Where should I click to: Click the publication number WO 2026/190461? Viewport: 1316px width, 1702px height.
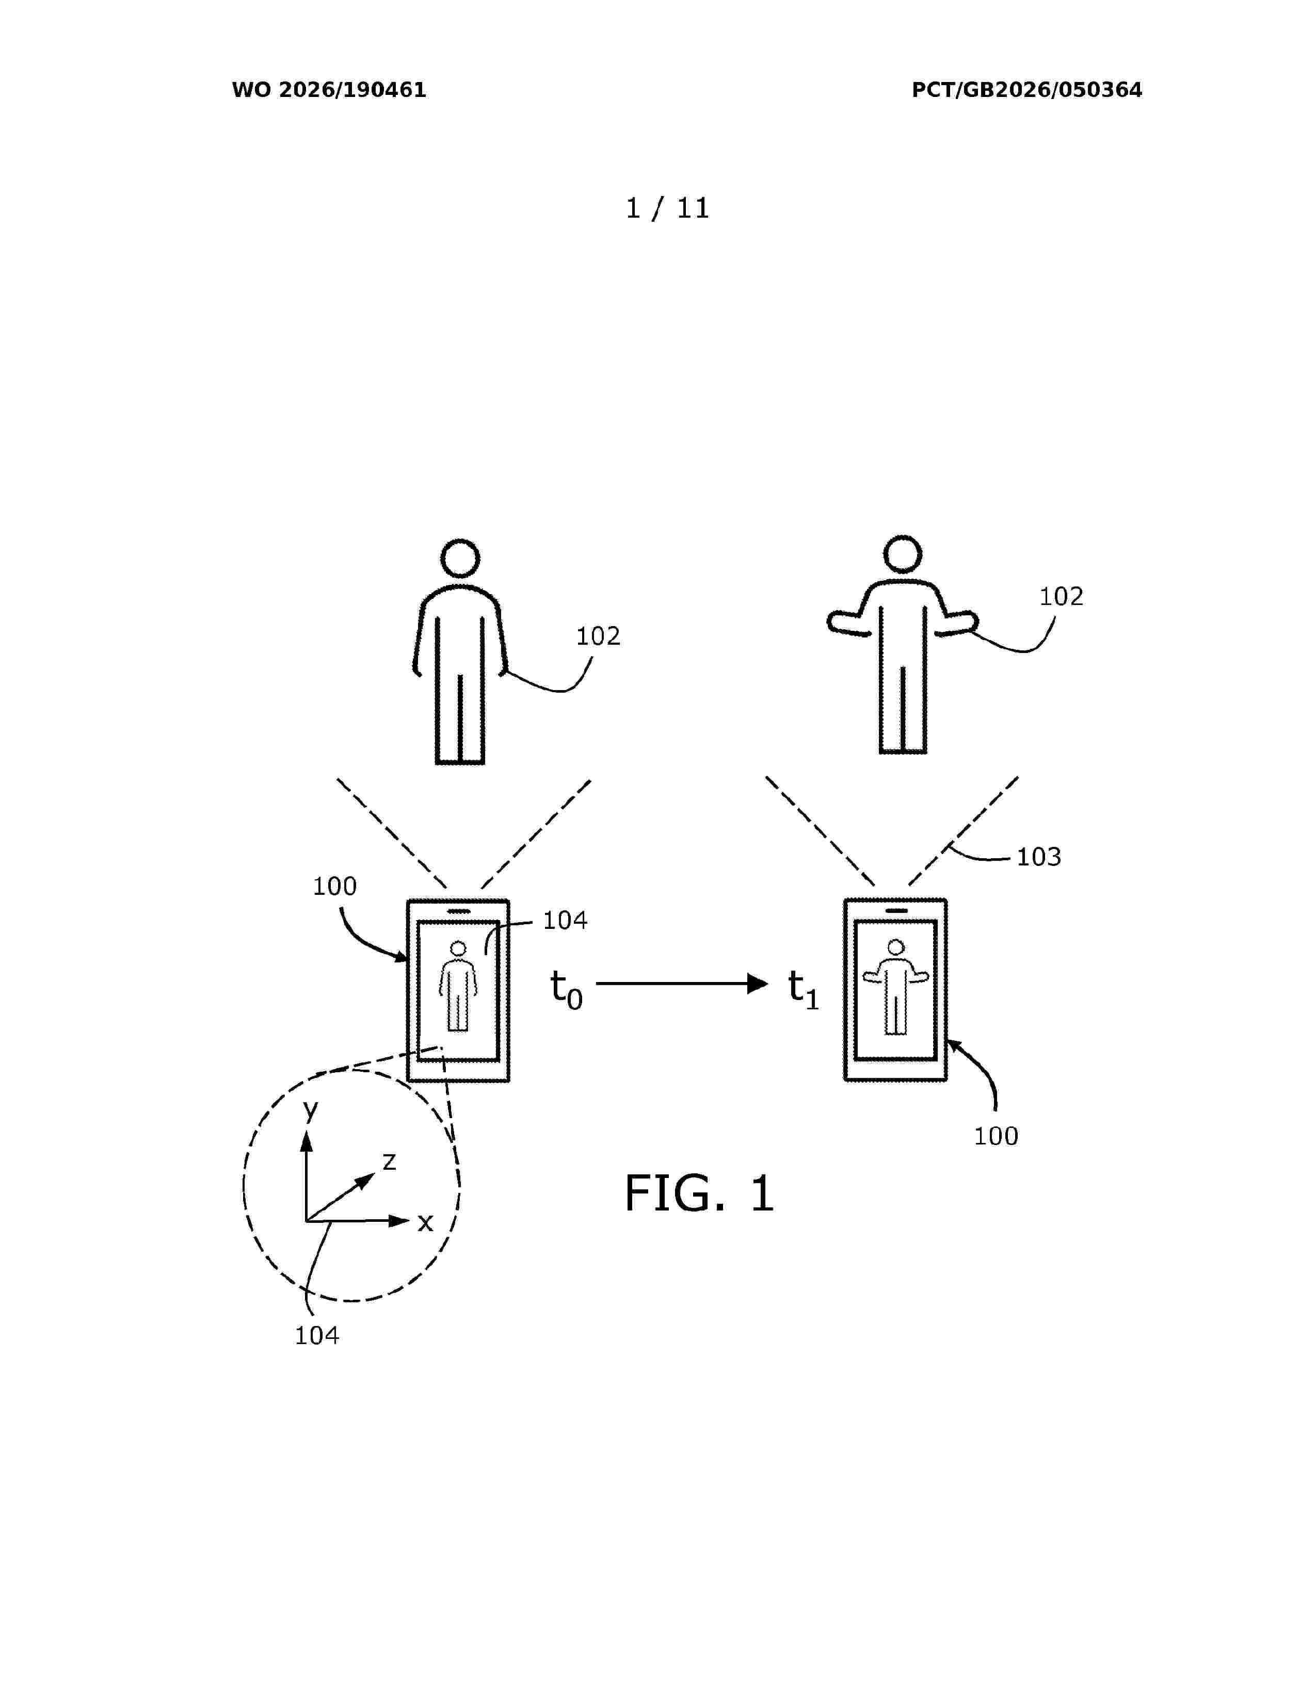click(329, 90)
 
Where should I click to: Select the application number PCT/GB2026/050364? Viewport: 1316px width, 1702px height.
click(1027, 90)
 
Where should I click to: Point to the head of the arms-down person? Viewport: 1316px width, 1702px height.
click(460, 559)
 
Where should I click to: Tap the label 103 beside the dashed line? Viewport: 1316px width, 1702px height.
click(1038, 857)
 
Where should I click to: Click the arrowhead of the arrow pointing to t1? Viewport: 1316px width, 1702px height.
click(758, 984)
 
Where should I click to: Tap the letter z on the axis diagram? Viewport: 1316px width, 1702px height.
click(389, 1162)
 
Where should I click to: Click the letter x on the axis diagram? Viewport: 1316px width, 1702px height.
click(425, 1223)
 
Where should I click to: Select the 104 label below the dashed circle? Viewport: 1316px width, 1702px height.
click(316, 1336)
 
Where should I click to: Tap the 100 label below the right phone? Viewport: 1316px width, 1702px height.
click(996, 1136)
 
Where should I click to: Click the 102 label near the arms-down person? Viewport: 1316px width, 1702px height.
click(598, 636)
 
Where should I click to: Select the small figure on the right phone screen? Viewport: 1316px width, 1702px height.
click(896, 987)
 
